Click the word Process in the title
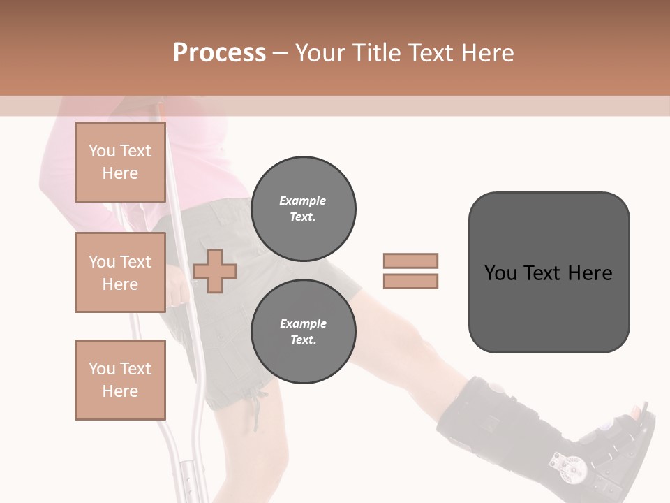219,53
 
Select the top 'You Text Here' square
120,162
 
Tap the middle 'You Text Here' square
120,272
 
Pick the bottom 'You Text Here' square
120,379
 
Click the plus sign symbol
215,272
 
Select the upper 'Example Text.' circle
304,208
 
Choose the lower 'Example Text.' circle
304,331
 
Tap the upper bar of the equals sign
410,261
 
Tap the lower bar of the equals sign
410,281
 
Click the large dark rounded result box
549,272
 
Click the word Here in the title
487,53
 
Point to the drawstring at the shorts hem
260,402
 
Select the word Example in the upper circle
302,201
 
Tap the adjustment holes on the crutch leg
187,482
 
